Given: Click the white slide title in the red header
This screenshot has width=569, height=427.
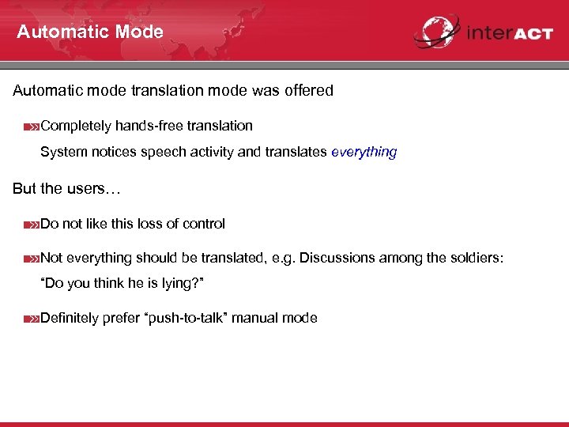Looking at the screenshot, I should point(90,32).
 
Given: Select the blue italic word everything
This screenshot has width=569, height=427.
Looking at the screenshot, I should point(364,152).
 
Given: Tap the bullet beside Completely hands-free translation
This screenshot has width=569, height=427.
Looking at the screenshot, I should point(31,127).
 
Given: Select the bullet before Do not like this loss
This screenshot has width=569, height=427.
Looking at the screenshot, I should point(31,225).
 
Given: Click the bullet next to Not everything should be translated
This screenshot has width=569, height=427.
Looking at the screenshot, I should point(31,259).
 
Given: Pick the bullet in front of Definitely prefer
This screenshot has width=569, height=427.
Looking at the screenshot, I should point(31,319).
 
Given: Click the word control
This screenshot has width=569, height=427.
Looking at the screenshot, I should point(204,224).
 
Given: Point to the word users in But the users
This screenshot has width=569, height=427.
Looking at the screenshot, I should point(83,189).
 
